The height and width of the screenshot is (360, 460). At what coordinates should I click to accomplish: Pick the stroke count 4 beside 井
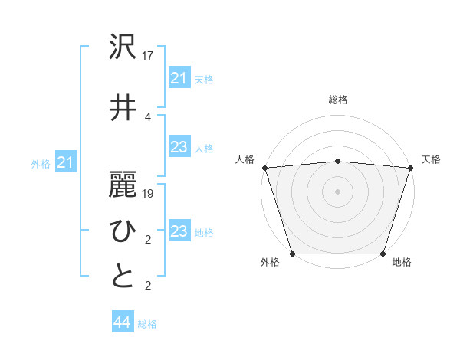pyautogui.click(x=148, y=116)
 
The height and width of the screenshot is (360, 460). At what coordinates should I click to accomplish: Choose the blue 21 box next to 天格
pyautogui.click(x=179, y=78)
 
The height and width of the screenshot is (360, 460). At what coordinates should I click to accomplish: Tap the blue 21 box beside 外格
pyautogui.click(x=66, y=162)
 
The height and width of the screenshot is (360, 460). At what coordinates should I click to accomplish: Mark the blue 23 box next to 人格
pyautogui.click(x=179, y=147)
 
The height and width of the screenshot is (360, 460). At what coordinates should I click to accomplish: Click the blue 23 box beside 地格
pyautogui.click(x=179, y=231)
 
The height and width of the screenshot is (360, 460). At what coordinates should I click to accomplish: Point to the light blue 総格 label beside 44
pyautogui.click(x=147, y=324)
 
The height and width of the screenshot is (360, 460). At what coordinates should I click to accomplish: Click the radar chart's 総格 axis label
pyautogui.click(x=337, y=100)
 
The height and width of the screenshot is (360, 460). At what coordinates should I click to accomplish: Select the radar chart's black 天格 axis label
pyautogui.click(x=431, y=159)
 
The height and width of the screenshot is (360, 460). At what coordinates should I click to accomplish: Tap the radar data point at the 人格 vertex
pyautogui.click(x=264, y=168)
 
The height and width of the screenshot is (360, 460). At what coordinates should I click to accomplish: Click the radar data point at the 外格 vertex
pyautogui.click(x=293, y=253)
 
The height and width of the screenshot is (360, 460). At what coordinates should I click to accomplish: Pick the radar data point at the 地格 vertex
pyautogui.click(x=383, y=253)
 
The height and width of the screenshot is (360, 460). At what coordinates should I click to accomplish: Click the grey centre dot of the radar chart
pyautogui.click(x=337, y=191)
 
